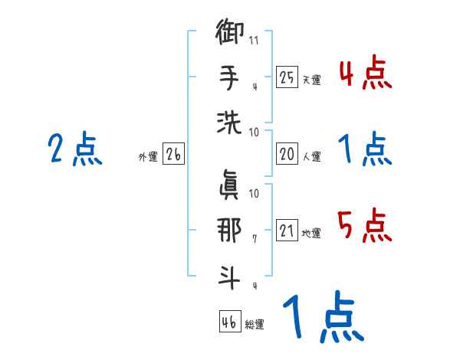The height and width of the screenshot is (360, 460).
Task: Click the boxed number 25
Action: coord(287,77)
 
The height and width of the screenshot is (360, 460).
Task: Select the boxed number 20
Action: coord(287,154)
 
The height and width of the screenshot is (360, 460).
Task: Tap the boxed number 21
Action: coord(287,231)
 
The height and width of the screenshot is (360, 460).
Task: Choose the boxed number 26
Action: coord(173,155)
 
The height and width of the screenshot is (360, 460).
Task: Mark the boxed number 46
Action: coord(228,322)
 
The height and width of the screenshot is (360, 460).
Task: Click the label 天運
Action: coord(311,80)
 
